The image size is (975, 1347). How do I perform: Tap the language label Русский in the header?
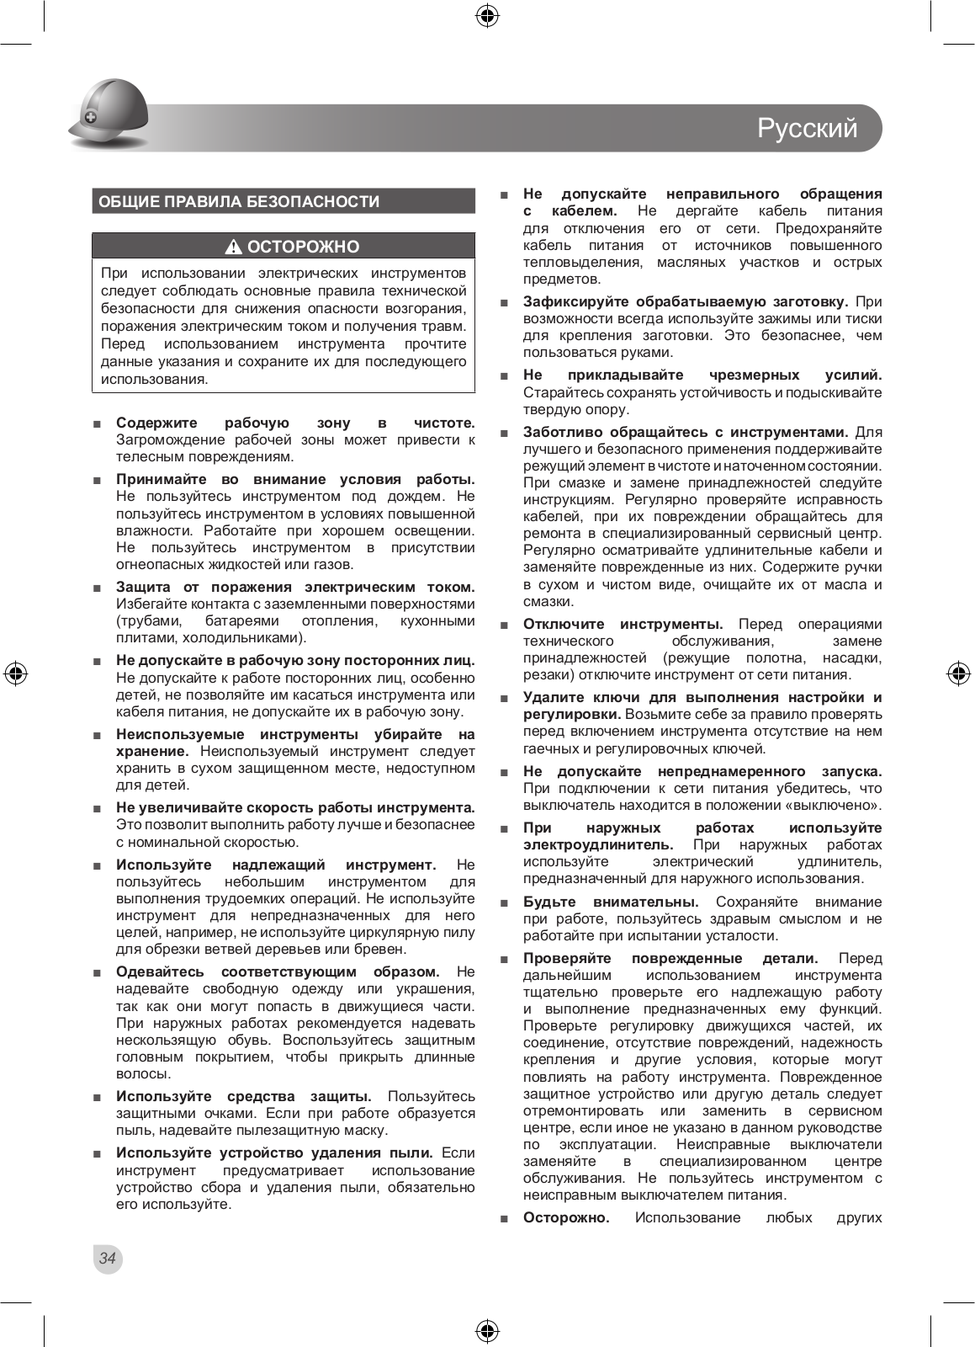807,128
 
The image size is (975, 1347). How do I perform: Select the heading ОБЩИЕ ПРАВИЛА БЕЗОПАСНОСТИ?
240,202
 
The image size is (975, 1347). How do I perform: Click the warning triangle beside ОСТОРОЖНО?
234,248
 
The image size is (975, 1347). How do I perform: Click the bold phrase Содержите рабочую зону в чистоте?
295,423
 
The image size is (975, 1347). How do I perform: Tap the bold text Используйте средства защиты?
244,1096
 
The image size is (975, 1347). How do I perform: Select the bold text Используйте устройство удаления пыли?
274,1153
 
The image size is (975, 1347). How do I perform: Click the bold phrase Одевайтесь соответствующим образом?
278,972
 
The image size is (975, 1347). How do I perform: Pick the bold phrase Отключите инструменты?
623,624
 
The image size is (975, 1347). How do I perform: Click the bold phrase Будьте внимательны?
611,902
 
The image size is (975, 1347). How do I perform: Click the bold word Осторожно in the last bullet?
566,1217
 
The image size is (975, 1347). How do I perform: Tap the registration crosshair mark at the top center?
487,15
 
